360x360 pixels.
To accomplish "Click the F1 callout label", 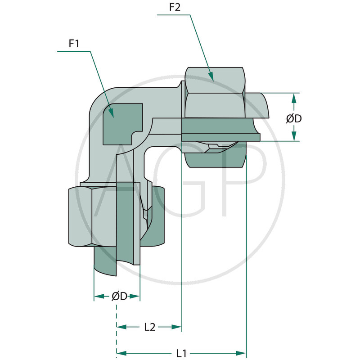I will click(74, 44).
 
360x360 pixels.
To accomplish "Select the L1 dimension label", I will click(181, 353).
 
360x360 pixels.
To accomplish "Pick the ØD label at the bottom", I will click(119, 296).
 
